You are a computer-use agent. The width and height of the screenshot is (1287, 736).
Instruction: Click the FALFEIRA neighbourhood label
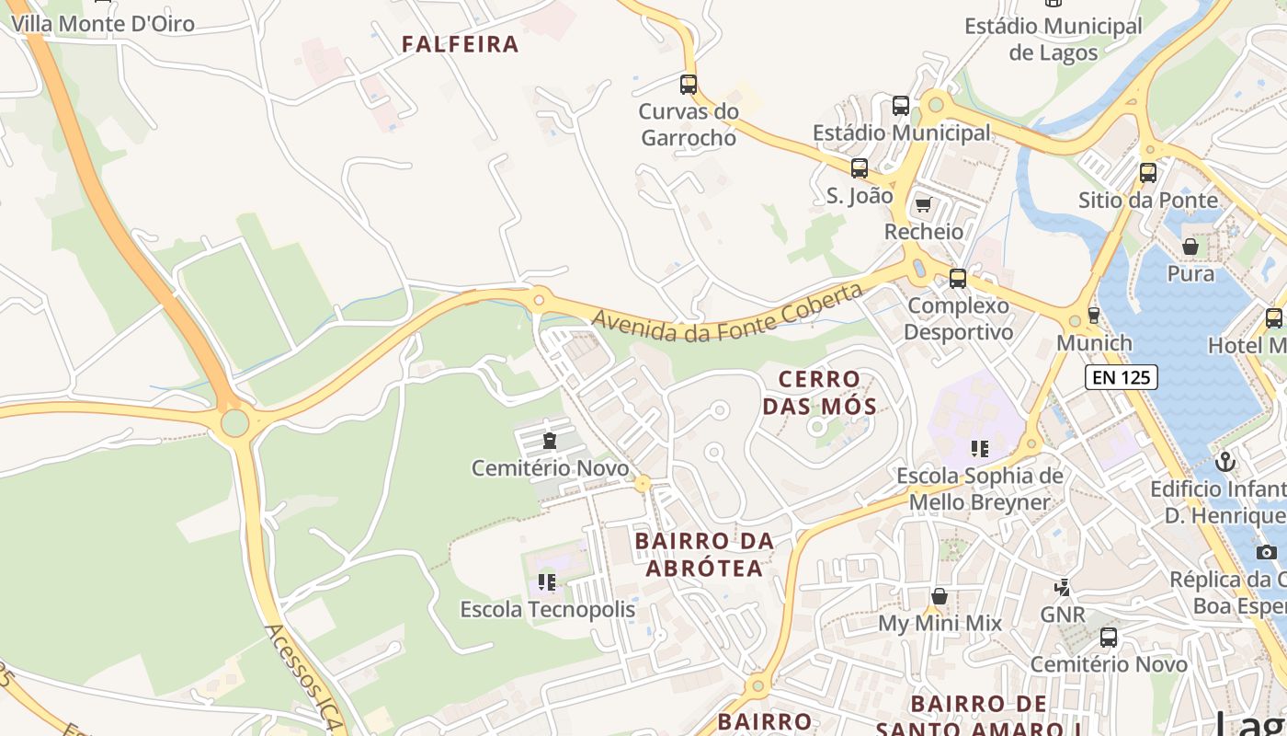click(x=460, y=44)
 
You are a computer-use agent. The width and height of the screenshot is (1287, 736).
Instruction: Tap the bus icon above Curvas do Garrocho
click(x=689, y=85)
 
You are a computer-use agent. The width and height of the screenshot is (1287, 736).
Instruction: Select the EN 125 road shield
click(x=1121, y=376)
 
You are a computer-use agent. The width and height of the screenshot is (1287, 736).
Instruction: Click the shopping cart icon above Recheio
click(x=923, y=204)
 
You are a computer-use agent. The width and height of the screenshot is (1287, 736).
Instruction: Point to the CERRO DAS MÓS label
click(x=819, y=393)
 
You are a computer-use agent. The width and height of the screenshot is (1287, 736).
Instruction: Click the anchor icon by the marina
click(x=1224, y=462)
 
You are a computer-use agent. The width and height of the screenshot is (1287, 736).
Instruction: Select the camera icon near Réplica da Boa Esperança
click(x=1267, y=552)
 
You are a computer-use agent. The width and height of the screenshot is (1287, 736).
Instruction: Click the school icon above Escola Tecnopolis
click(x=547, y=582)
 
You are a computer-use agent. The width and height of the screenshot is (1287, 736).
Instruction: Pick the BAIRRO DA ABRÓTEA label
click(x=704, y=555)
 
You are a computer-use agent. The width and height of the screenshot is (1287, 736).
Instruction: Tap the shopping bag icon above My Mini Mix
click(x=939, y=596)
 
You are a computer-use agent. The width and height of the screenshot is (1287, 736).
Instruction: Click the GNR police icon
click(x=1063, y=587)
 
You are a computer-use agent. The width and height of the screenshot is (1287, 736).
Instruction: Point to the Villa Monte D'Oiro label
click(x=103, y=24)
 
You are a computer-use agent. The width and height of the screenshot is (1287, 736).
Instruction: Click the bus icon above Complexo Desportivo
click(x=958, y=278)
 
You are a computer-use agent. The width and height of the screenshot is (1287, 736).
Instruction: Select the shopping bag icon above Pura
click(x=1190, y=247)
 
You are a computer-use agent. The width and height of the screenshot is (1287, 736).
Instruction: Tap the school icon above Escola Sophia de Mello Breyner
click(x=979, y=449)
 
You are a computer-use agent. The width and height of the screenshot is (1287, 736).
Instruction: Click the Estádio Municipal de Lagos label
click(x=1054, y=40)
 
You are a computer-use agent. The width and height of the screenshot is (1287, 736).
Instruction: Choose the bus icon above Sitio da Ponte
click(x=1147, y=172)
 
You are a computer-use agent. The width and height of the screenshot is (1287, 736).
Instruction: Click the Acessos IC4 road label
click(x=304, y=676)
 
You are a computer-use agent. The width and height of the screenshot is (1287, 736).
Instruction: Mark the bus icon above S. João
click(x=860, y=168)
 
